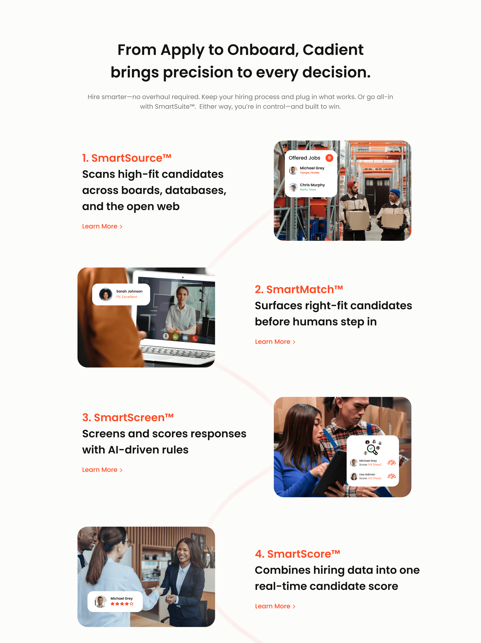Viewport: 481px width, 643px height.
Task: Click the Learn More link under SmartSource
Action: coord(102,226)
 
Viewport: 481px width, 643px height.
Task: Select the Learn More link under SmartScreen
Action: coord(102,470)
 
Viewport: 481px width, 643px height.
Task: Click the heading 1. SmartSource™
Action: coord(126,158)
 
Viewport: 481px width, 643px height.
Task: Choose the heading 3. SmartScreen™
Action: coord(128,418)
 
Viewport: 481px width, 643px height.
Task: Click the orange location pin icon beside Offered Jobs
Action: coord(329,158)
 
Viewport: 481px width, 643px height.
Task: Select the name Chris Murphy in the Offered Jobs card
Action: coord(312,185)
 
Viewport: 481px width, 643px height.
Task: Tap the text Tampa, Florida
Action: coord(309,173)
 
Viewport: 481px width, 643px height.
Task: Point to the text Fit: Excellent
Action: coord(126,297)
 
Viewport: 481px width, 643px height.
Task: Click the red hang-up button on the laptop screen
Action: coord(195,338)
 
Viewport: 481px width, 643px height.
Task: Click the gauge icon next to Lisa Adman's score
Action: coord(392,476)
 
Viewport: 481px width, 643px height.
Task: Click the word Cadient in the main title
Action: coord(333,50)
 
